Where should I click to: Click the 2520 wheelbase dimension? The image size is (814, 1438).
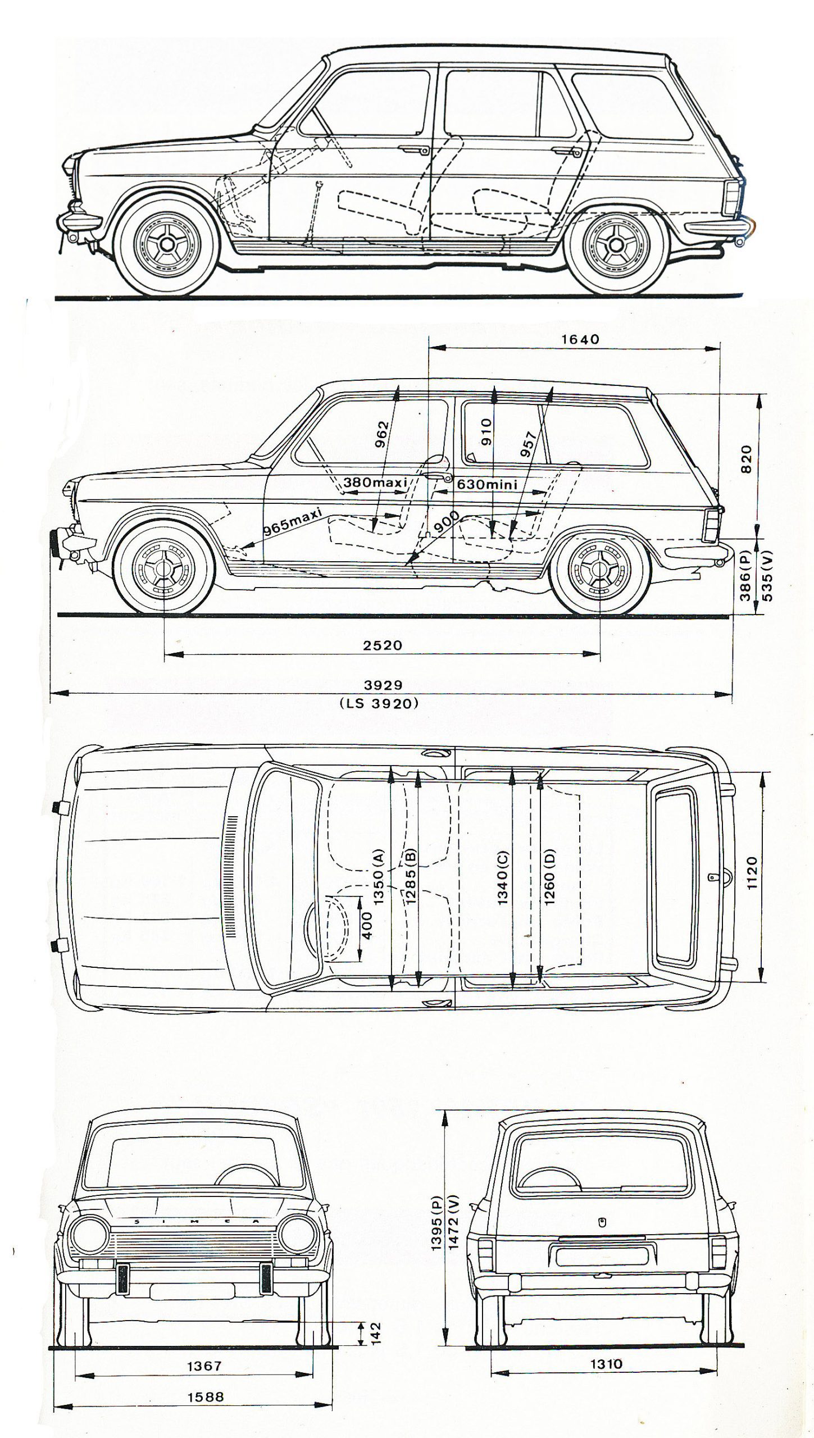point(383,645)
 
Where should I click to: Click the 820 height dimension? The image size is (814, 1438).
point(745,459)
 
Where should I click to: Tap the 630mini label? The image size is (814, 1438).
point(486,483)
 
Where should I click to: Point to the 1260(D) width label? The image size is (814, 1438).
point(549,877)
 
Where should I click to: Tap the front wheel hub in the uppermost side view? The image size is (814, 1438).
point(166,243)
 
